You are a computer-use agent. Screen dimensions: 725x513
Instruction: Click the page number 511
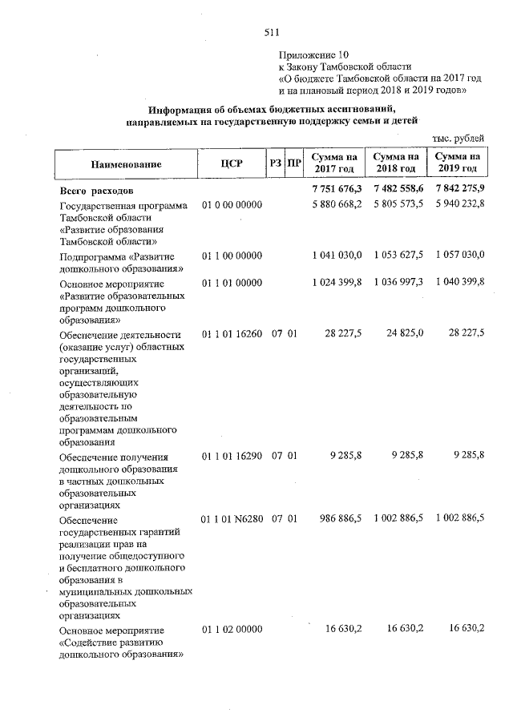[270, 33]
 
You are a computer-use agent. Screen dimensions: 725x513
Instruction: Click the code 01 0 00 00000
[232, 205]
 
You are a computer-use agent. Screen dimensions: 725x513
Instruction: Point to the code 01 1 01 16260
[232, 332]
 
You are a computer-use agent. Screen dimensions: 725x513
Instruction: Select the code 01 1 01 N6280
[232, 519]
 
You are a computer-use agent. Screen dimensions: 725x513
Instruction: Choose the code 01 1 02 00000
[232, 628]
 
